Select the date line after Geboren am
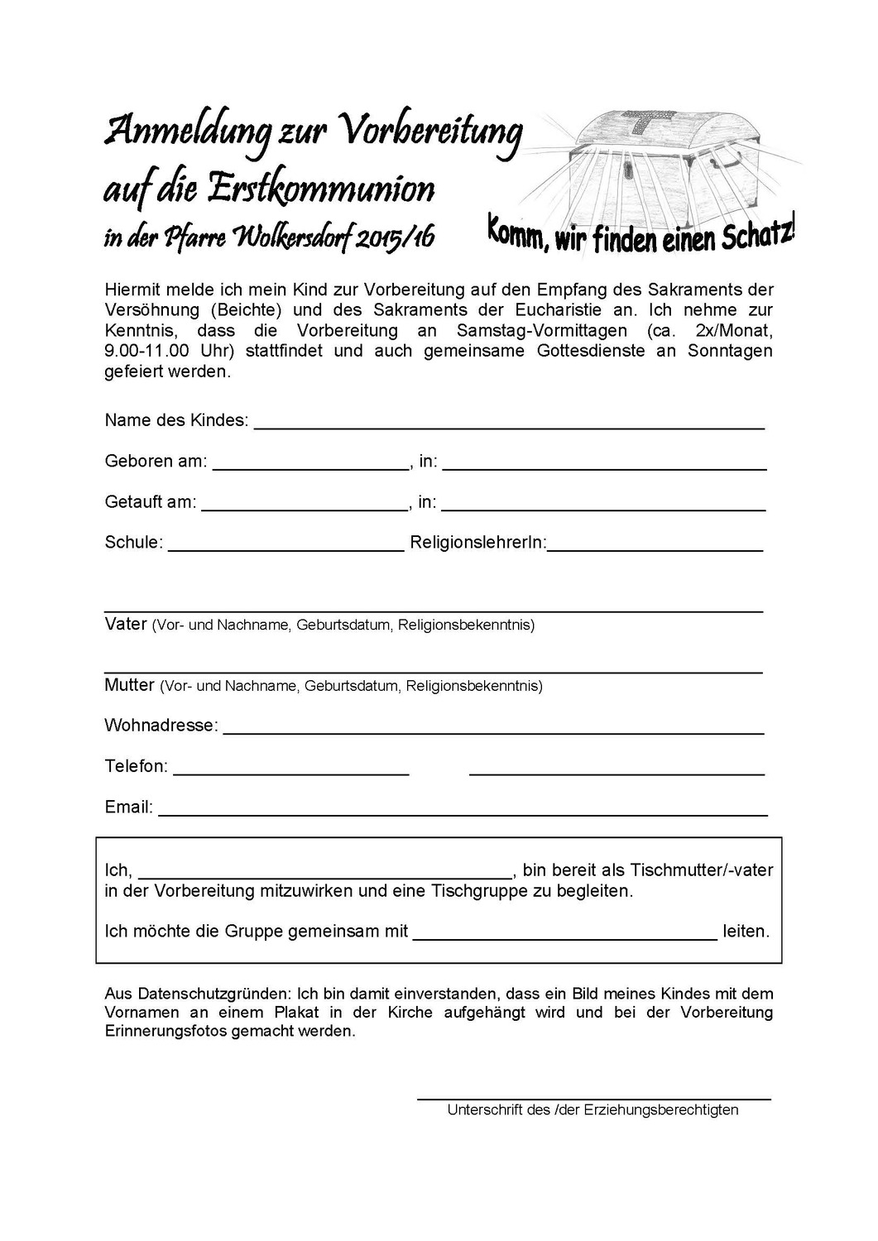pos(311,468)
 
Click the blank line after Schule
pos(285,549)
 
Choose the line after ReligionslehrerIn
pos(655,549)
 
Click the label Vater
pos(126,624)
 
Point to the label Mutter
pos(129,685)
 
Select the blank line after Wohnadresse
pos(494,733)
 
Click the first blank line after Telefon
pos(291,774)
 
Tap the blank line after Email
pos(463,814)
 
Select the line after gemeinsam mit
pos(564,939)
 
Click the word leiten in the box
pos(746,932)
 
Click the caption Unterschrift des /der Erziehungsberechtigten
pos(593,1110)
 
